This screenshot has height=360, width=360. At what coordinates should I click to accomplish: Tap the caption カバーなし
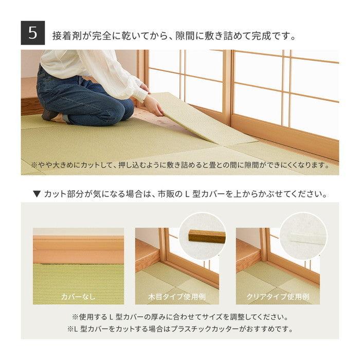(78, 297)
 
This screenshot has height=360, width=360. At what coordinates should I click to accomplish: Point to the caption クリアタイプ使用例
(278, 297)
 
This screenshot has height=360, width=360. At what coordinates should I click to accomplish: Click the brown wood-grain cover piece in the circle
(207, 236)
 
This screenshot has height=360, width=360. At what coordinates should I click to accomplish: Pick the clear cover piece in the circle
(307, 237)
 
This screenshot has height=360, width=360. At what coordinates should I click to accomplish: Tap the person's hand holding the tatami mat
(152, 105)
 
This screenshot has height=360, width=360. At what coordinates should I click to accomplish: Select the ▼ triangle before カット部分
(37, 194)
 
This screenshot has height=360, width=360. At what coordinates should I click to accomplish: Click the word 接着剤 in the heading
(65, 37)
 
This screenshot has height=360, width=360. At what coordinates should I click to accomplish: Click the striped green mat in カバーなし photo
(78, 280)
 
